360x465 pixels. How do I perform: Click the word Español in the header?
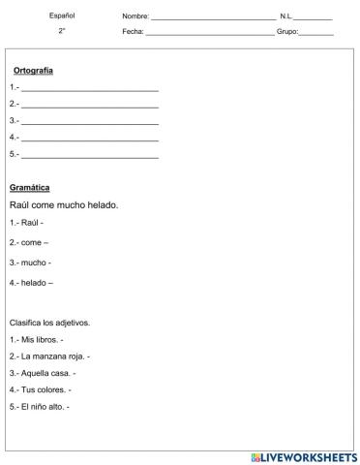point(61,15)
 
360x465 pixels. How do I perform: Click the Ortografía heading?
point(33,71)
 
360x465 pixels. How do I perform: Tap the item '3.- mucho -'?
point(30,262)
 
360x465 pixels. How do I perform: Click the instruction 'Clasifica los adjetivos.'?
point(49,323)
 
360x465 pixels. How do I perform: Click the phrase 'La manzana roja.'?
point(50,356)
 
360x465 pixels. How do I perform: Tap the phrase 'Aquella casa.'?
point(45,372)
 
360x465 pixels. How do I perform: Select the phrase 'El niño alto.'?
point(43,406)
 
